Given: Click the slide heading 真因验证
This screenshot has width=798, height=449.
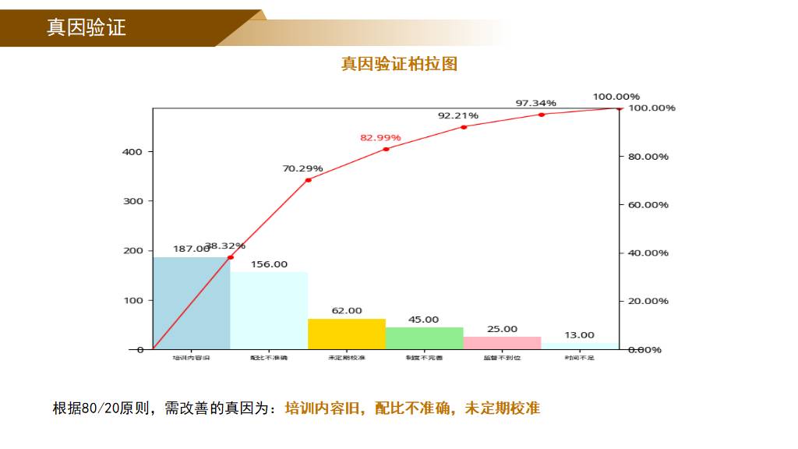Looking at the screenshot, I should [x=87, y=28].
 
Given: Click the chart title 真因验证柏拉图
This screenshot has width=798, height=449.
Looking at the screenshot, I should [x=399, y=64].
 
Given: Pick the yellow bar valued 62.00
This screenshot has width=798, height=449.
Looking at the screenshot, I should [x=347, y=334].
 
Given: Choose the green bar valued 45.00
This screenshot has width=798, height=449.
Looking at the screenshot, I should [x=424, y=338].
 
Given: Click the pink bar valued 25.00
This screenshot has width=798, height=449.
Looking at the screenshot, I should [x=502, y=342].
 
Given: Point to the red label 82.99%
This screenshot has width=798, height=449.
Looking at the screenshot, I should [x=380, y=138].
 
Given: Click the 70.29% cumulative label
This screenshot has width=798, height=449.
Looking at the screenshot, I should [x=302, y=168].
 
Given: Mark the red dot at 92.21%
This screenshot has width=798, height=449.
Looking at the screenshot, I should [x=464, y=126].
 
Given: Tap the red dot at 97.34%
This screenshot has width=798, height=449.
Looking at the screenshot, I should [x=541, y=115].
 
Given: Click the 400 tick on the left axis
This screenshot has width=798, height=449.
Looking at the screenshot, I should [x=132, y=152].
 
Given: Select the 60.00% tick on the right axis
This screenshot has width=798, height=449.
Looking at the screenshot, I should [x=648, y=205].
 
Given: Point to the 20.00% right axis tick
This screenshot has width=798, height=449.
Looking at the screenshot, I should [x=648, y=301].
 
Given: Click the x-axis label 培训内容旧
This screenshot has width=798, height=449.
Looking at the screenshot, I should [x=192, y=358].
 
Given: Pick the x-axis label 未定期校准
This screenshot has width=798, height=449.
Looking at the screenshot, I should [x=347, y=358].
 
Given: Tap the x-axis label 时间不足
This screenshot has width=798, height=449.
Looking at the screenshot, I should [x=579, y=358].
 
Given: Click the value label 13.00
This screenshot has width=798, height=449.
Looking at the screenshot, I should [x=579, y=335].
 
